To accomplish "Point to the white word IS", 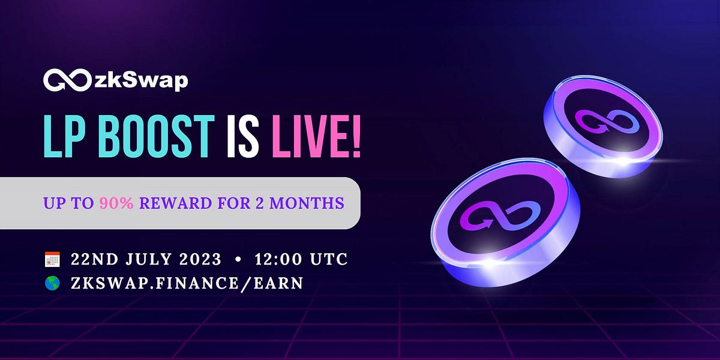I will [x=244, y=139].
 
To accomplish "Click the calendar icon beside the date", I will [x=53, y=260].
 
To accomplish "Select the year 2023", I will [x=200, y=260].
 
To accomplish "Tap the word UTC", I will [x=329, y=260].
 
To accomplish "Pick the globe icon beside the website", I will [x=53, y=283].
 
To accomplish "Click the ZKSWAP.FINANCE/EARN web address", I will [x=187, y=283].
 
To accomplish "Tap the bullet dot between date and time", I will [x=239, y=260].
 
